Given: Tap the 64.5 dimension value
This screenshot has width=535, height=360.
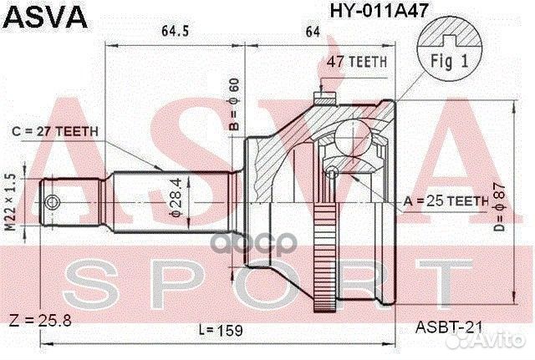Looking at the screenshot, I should [x=174, y=33].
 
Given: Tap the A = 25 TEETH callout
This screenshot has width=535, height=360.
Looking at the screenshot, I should [x=446, y=200].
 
